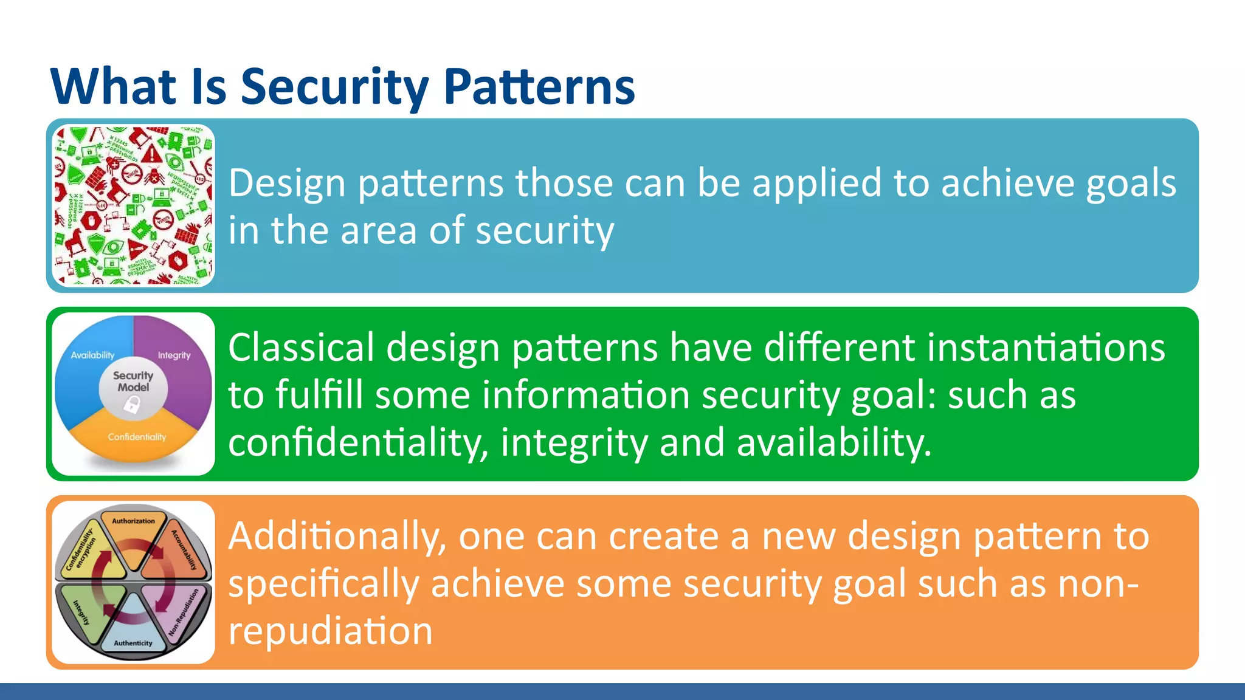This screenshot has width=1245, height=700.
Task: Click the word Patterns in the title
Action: (x=539, y=86)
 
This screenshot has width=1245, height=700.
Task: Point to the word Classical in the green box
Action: (x=301, y=348)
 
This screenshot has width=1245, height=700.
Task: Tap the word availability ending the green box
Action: (x=834, y=442)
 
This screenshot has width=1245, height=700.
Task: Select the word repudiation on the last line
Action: (x=330, y=631)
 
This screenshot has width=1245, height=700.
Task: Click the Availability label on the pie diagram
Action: (x=92, y=355)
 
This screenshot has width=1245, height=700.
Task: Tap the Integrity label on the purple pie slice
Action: (x=174, y=355)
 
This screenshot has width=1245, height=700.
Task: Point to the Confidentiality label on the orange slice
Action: (x=137, y=437)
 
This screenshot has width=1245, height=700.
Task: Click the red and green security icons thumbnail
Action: (x=133, y=205)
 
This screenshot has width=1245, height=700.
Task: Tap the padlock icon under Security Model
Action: (x=132, y=403)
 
